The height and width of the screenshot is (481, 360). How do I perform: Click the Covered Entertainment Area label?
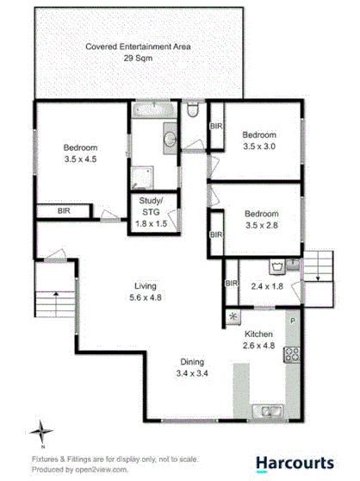tap(138, 47)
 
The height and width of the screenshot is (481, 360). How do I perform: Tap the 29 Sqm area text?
tap(138, 59)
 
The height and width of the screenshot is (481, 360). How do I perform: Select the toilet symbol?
tap(192, 109)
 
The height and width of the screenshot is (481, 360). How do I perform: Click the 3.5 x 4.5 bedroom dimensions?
tap(82, 159)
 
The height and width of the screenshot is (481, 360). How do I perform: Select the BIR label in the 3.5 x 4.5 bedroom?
tap(64, 209)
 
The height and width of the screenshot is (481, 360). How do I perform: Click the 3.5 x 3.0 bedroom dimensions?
tap(258, 147)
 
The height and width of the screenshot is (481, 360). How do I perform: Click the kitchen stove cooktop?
tap(292, 353)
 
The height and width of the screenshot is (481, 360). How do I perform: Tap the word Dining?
tap(192, 362)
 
